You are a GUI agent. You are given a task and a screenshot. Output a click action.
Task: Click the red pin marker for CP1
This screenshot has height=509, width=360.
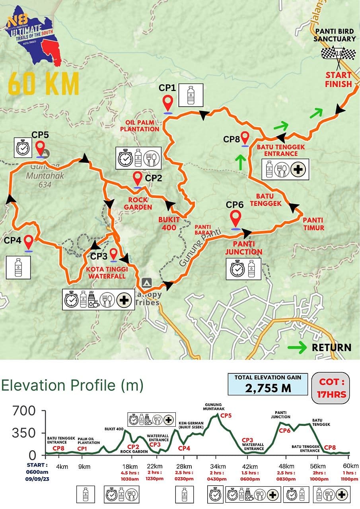(x=168, y=103)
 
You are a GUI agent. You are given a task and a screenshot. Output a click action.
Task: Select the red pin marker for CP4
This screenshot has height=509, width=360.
(x=29, y=242)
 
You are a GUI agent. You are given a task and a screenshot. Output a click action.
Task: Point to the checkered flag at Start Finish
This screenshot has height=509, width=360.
(x=339, y=54)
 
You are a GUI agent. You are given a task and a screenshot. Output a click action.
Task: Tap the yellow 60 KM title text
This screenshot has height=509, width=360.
(x=44, y=84)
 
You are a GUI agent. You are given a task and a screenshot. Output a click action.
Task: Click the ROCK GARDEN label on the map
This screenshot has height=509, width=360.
(x=138, y=203)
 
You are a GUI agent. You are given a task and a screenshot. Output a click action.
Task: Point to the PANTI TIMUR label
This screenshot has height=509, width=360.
(x=313, y=224)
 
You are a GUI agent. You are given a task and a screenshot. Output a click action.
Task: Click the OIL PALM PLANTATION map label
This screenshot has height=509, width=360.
(x=142, y=126)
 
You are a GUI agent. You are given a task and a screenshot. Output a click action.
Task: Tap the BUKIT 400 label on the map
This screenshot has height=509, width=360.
(x=169, y=223)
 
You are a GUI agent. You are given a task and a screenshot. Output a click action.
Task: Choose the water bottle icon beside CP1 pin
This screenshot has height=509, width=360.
(x=191, y=95)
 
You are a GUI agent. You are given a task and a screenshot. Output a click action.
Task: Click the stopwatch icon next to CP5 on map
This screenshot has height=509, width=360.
(x=22, y=148)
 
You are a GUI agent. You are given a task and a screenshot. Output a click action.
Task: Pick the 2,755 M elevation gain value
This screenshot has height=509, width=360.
(x=268, y=388)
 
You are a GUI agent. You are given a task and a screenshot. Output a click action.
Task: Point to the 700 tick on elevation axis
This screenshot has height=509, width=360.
(x=24, y=410)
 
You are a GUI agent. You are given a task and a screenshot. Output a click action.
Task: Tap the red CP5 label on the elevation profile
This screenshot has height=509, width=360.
(x=226, y=416)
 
